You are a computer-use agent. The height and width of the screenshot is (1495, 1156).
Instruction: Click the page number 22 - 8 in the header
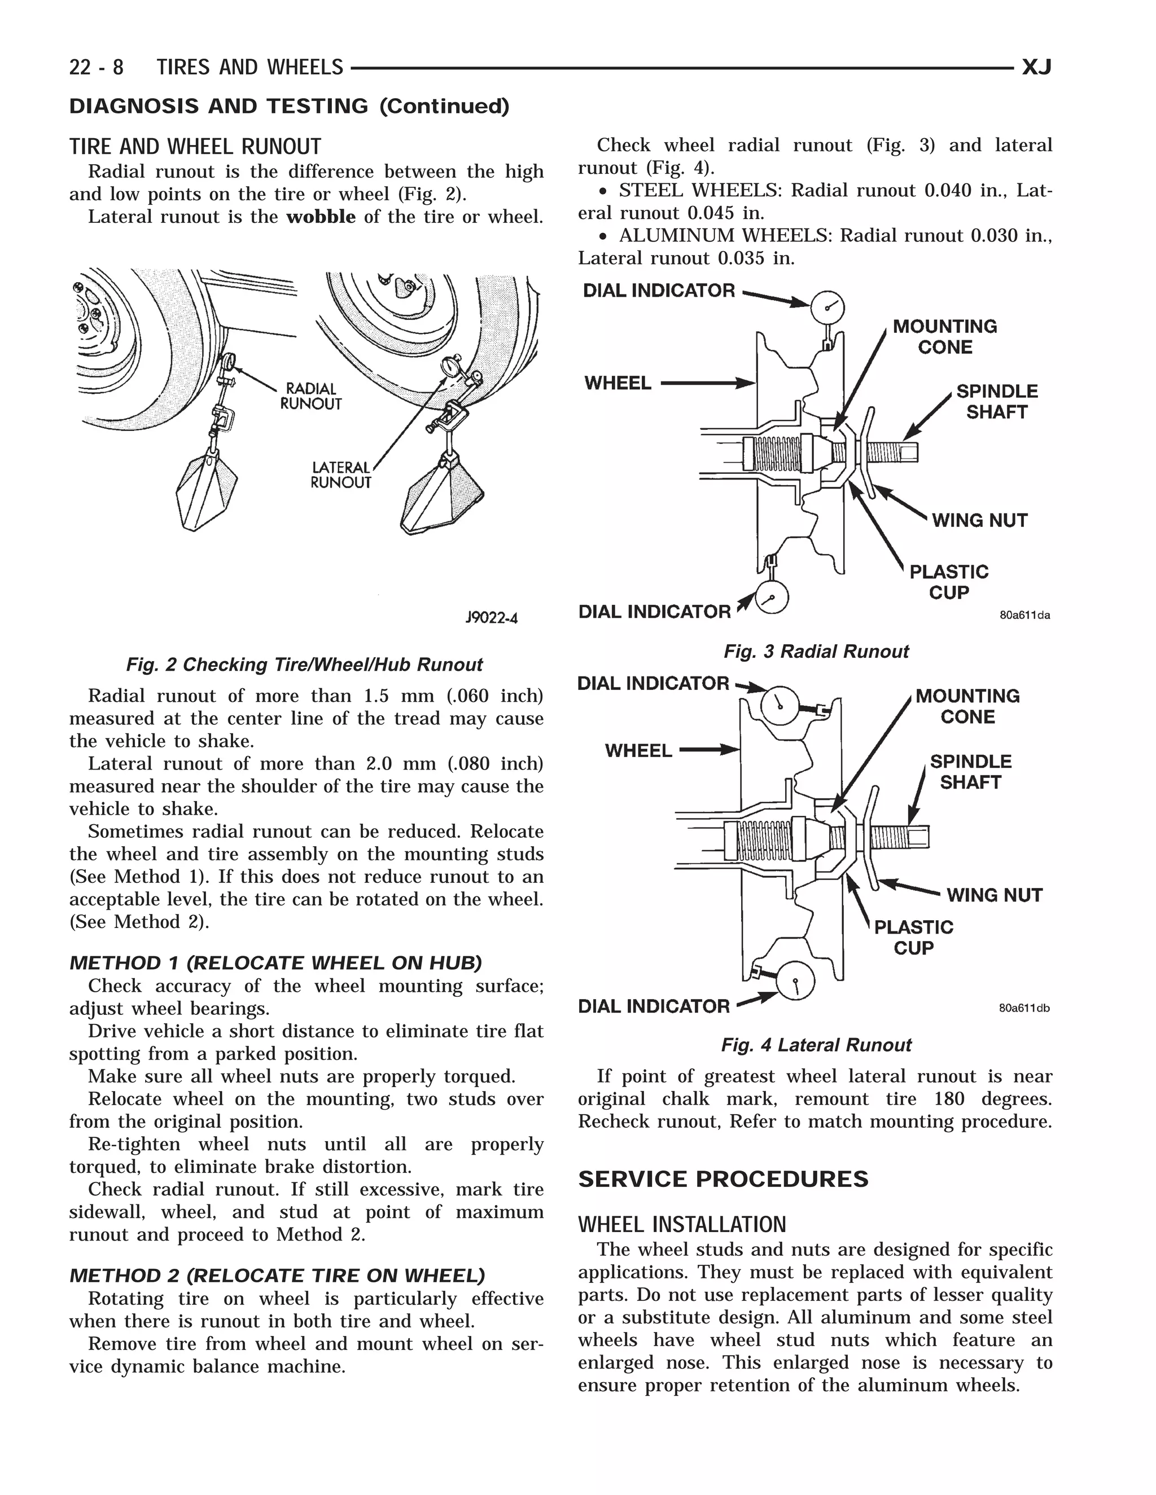click(97, 67)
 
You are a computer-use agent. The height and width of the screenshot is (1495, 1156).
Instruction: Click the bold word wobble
click(321, 217)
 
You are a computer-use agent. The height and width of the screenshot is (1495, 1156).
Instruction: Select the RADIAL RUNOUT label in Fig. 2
click(311, 397)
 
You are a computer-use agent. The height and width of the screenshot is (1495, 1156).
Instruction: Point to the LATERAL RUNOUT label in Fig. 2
click(340, 474)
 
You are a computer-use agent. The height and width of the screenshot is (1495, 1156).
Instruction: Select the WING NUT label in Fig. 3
click(979, 520)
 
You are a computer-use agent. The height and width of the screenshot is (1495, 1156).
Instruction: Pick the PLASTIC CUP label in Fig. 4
click(914, 937)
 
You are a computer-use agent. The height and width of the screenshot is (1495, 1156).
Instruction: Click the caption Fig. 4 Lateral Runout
click(816, 1045)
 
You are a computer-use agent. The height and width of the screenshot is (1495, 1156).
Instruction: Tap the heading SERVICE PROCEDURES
click(723, 1179)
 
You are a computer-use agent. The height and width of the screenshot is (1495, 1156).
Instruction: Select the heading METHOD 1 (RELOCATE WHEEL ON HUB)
click(275, 963)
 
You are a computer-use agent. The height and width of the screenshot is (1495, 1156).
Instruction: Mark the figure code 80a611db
click(1024, 1008)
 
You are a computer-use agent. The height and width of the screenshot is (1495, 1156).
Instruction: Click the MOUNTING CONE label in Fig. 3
click(944, 336)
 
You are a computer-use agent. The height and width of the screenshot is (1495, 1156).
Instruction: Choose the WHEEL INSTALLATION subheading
click(682, 1225)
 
